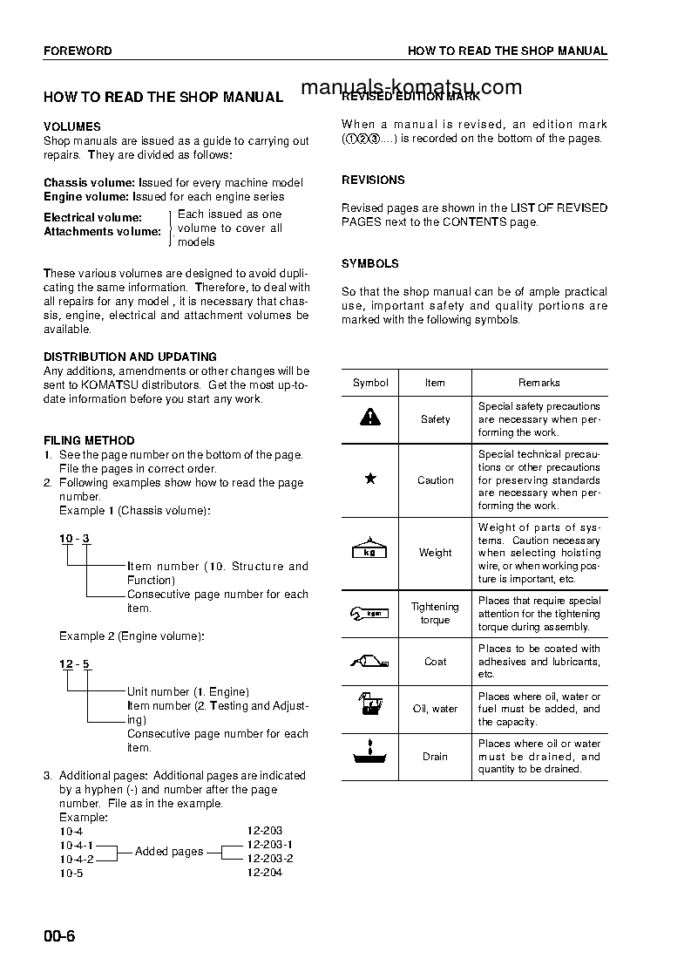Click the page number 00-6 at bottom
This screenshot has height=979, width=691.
60,937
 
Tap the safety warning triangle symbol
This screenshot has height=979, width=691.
370,418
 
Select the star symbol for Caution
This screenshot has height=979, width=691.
370,479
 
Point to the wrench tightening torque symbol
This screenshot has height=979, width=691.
370,614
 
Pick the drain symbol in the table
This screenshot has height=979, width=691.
370,755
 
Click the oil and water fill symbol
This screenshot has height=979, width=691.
370,707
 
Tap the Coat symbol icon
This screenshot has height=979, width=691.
370,661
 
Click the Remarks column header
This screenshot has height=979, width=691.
539,383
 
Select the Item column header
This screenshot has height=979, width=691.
435,383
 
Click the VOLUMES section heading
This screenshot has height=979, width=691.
72,126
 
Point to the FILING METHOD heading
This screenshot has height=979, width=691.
89,440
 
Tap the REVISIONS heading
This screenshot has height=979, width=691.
373,180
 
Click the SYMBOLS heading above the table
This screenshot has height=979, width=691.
370,263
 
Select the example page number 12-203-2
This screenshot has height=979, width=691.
270,858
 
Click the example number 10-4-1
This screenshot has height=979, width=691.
77,845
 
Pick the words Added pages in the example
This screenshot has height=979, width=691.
169,851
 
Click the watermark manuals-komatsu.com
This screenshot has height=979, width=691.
411,87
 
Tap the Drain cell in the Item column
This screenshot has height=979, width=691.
435,756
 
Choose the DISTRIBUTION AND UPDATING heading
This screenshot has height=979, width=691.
130,357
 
